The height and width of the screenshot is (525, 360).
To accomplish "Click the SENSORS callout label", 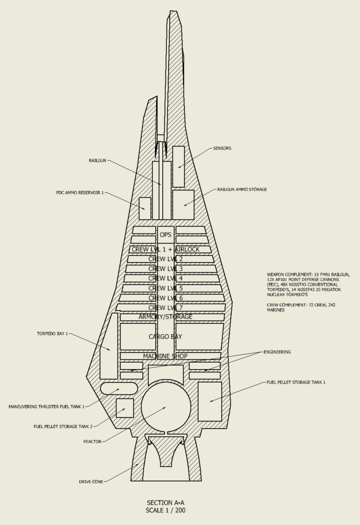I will point(222,149).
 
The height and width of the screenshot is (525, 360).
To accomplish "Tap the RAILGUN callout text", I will point(98,161).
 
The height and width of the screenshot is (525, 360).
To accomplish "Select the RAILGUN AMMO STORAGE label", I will point(242,190).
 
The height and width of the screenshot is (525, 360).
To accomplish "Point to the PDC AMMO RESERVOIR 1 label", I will point(80,193).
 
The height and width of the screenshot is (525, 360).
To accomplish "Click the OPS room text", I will point(165,235).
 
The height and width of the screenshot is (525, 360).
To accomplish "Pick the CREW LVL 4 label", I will point(165,279).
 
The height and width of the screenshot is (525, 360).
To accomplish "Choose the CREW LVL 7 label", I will point(165,308).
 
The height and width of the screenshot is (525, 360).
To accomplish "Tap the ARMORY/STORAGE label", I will point(165,317).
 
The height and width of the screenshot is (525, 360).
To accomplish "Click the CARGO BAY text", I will point(165,337).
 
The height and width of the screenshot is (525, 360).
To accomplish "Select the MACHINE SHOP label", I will point(165,356).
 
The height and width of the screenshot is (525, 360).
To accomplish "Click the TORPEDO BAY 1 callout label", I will point(52,334).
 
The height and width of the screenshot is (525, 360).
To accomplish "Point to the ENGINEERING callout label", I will point(277,352).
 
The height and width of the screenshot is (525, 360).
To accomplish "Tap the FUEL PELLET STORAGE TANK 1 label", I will point(296,382).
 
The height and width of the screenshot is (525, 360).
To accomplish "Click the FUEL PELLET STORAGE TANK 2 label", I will point(63,426).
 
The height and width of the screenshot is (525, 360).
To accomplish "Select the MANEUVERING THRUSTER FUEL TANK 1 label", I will point(47,407).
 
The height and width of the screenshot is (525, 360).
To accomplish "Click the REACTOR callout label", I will point(92,441).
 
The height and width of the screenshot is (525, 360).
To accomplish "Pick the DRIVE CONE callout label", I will point(91,482).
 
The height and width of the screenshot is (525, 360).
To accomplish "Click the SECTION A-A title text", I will point(165,502).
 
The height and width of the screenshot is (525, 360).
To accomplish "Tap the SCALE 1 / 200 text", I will point(165,510).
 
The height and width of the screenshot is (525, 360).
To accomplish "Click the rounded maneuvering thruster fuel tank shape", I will point(119,388).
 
